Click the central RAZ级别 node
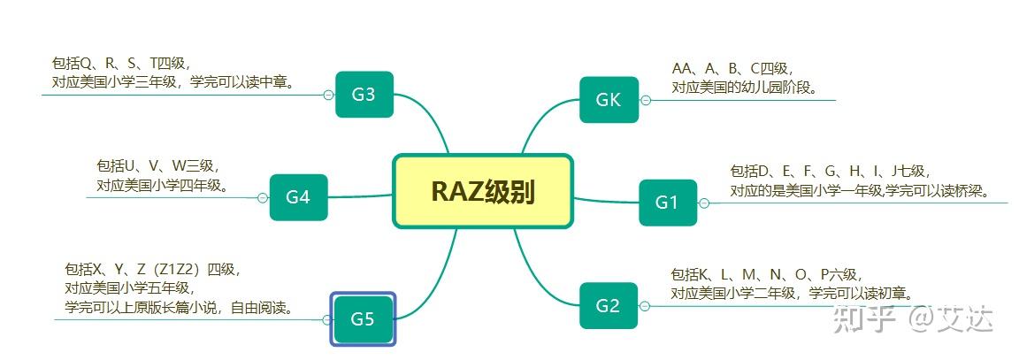tap(483, 191)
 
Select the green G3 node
tap(364, 94)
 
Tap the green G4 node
tap(298, 197)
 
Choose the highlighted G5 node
tap(363, 318)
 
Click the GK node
tap(609, 100)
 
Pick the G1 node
tap(667, 203)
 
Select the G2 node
tap(608, 306)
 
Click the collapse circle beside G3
tap(328, 95)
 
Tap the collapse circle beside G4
tap(263, 198)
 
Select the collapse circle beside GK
tap(646, 100)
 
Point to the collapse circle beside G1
tap(704, 203)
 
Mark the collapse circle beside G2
tap(645, 306)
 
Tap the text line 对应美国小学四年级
tap(163, 186)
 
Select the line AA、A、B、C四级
tap(732, 69)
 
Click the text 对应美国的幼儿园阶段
tap(743, 88)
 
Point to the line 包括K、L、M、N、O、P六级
tap(766, 275)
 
